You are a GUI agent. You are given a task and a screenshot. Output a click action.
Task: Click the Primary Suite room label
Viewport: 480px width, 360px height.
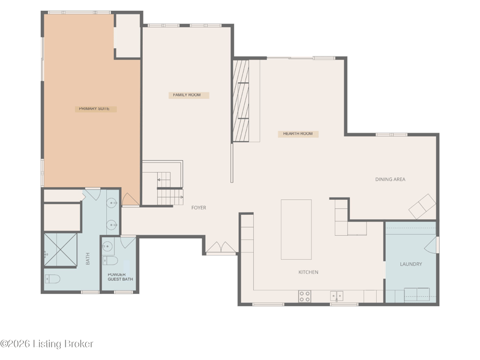point(94,109)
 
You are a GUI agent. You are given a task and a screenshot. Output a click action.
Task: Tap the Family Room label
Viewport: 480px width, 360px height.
point(187,95)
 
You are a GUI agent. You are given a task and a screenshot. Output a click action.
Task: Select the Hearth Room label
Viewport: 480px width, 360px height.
point(298,134)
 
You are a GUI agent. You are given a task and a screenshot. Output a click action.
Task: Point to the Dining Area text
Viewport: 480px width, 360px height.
point(391,179)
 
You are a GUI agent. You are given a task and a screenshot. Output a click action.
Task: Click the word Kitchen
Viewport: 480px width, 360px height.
point(308,272)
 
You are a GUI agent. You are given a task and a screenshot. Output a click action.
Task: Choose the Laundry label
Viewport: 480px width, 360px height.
point(411,264)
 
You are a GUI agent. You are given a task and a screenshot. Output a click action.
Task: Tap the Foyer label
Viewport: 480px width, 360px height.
point(199,208)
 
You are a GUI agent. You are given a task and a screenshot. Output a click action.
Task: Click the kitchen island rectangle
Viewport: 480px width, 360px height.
point(296,230)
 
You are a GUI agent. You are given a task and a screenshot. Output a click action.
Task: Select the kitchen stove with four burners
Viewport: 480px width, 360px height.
point(305,296)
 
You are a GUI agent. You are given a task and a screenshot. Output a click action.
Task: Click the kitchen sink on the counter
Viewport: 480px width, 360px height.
point(337,296)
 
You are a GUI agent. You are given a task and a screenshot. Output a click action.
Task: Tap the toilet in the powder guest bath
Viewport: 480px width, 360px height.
point(110,261)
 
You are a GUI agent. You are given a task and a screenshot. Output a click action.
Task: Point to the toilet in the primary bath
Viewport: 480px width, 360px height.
point(52,279)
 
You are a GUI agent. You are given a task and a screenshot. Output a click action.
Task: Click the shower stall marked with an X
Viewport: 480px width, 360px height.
point(61,250)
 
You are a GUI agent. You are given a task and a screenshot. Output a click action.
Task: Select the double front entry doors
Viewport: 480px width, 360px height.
point(221,248)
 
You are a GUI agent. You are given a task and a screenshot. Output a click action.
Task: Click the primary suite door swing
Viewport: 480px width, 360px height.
point(130,199)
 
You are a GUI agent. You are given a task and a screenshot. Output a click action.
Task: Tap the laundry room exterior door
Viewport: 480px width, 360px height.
point(431,245)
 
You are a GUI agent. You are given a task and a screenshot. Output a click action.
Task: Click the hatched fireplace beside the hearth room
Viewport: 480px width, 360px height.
point(241,101)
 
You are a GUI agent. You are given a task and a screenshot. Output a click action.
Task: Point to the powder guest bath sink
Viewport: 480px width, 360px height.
point(107,246)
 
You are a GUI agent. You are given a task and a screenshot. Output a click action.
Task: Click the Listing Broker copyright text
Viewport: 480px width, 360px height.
point(47,344)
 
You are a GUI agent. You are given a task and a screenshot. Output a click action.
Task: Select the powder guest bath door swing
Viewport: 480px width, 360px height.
point(127,242)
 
